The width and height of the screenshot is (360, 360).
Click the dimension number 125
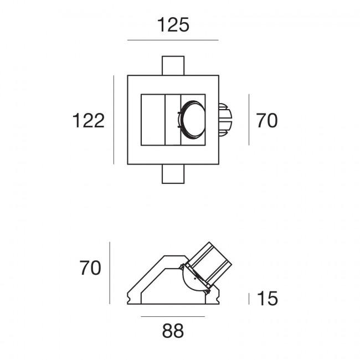click(173, 25)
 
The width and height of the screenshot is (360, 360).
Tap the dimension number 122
click(89, 121)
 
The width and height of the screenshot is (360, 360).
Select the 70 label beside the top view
click(266, 121)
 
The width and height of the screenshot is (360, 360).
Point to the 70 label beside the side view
click(90, 268)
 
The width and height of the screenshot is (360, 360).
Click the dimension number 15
click(268, 299)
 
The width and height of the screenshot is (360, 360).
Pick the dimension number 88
click(173, 331)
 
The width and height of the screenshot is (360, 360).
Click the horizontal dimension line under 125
click(173, 40)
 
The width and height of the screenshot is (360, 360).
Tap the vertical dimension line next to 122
click(114, 120)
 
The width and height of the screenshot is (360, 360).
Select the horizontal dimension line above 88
click(173, 317)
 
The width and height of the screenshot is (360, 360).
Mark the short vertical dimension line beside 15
click(249, 299)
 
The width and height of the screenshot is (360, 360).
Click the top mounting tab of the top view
click(173, 66)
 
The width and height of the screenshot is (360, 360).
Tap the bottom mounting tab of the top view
click(173, 174)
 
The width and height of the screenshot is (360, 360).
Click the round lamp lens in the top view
click(193, 120)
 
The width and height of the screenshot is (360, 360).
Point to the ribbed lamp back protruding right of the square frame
click(225, 120)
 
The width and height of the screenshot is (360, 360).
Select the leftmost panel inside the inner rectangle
click(153, 120)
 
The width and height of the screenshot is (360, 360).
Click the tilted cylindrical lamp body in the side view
click(210, 264)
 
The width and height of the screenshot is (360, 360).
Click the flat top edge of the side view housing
click(175, 256)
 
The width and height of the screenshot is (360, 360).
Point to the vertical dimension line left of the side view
click(110, 273)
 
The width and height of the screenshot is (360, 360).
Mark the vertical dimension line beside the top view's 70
click(249, 120)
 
